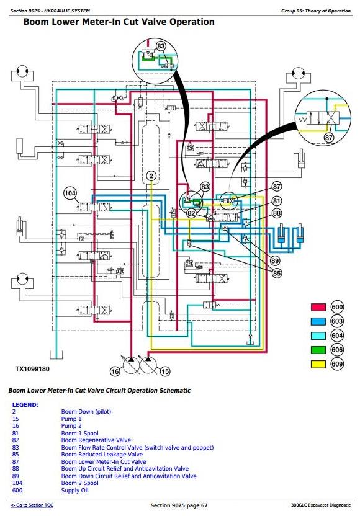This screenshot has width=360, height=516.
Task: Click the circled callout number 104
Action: tap(70, 193)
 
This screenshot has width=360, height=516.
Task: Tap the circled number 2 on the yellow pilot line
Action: tap(151, 176)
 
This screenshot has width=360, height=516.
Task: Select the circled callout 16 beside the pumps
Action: tap(115, 371)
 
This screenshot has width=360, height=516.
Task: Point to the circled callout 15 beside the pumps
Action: tap(164, 371)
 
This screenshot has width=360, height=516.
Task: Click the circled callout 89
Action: tap(275, 261)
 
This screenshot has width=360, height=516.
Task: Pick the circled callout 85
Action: tap(277, 273)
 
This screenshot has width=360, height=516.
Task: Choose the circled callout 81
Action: tap(277, 201)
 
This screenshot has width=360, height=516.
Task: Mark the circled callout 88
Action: tap(277, 213)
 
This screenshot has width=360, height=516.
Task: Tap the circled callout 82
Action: tap(191, 213)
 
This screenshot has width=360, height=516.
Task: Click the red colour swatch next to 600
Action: tap(318, 307)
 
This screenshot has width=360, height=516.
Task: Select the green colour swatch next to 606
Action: tap(318, 350)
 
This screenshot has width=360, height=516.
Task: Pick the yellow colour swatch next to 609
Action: tap(318, 364)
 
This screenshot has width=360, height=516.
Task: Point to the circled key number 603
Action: tap(337, 321)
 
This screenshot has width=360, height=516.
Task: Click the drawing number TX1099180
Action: tap(32, 369)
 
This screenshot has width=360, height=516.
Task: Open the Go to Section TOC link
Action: tap(32, 505)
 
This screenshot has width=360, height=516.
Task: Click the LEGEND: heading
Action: tap(25, 405)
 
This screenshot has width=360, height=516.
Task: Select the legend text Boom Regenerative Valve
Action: tap(96, 440)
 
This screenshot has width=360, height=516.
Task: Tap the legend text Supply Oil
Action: tap(74, 491)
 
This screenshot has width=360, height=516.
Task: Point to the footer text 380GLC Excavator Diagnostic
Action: tap(321, 505)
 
